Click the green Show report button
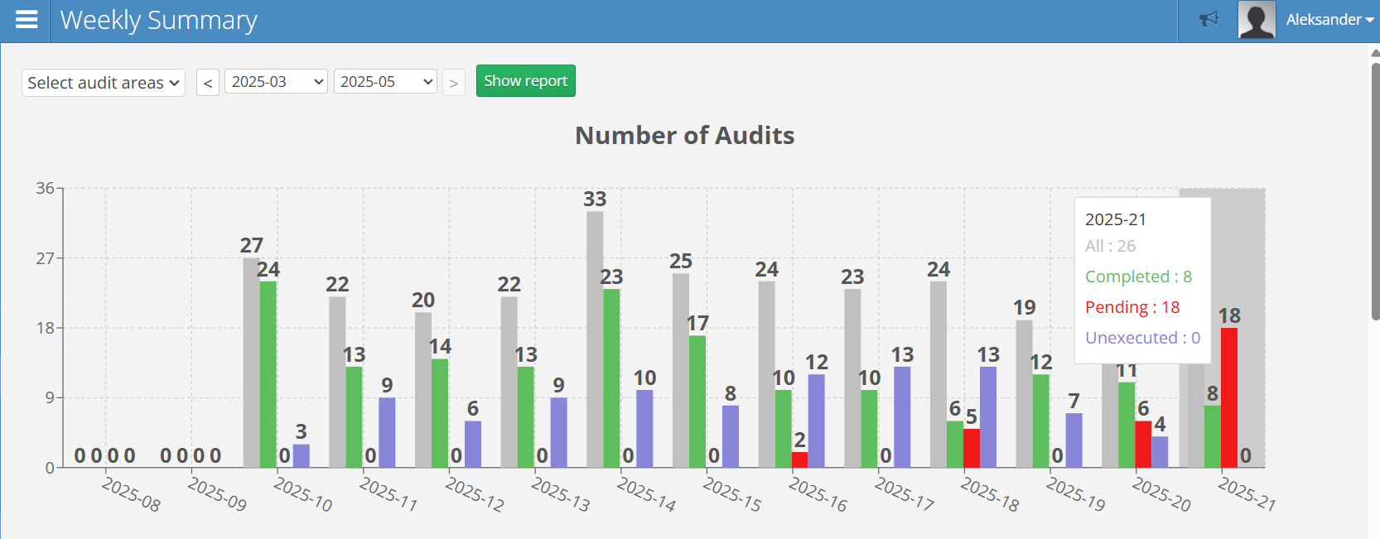pyautogui.click(x=525, y=81)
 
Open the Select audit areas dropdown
pyautogui.click(x=103, y=83)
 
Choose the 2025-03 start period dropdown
pyautogui.click(x=276, y=81)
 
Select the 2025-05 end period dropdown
pyautogui.click(x=384, y=81)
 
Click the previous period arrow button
pyautogui.click(x=208, y=83)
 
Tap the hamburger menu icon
pyautogui.click(x=27, y=20)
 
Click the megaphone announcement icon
pyautogui.click(x=1209, y=19)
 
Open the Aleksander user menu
pyautogui.click(x=1329, y=20)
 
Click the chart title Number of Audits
pyautogui.click(x=684, y=135)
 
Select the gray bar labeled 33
pyautogui.click(x=595, y=339)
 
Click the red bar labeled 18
pyautogui.click(x=1228, y=397)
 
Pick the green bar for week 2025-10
pyautogui.click(x=268, y=374)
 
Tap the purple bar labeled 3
pyautogui.click(x=301, y=456)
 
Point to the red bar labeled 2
pyautogui.click(x=799, y=460)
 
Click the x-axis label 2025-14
pyautogui.click(x=646, y=494)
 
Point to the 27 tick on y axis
pyautogui.click(x=45, y=258)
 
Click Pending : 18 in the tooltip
pyautogui.click(x=1132, y=307)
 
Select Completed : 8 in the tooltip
pyautogui.click(x=1138, y=277)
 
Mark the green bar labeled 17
pyautogui.click(x=697, y=402)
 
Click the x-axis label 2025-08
pyautogui.click(x=131, y=494)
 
